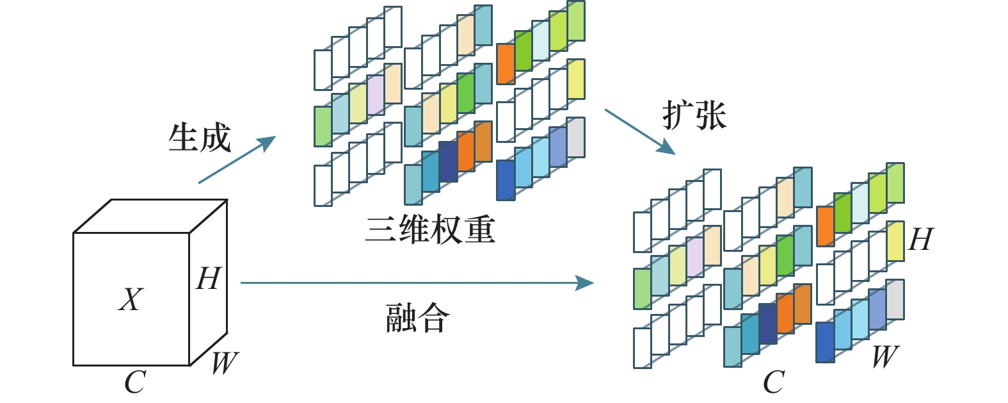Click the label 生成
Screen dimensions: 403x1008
click(200, 137)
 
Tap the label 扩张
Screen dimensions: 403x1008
click(694, 116)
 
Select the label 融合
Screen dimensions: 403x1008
click(417, 318)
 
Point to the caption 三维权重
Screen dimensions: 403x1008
click(430, 229)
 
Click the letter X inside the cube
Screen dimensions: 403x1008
click(131, 299)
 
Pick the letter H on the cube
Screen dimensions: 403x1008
click(209, 279)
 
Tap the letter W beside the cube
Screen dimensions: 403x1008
click(224, 363)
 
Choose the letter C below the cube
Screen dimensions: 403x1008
click(134, 382)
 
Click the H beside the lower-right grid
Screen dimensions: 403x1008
click(920, 240)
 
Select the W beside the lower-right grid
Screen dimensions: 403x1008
click(885, 356)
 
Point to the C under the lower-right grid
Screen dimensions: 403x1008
click(773, 382)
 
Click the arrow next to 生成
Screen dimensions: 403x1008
click(237, 160)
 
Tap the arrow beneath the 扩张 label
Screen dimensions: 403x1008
click(639, 131)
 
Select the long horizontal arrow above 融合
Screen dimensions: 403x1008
click(416, 283)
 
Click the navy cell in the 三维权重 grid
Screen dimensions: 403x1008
click(447, 161)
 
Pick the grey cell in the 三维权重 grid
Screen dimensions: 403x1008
click(575, 137)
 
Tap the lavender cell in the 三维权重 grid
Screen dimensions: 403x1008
click(376, 95)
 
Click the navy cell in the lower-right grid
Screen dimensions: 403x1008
click(767, 324)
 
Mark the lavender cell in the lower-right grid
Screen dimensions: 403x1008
click(694, 258)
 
